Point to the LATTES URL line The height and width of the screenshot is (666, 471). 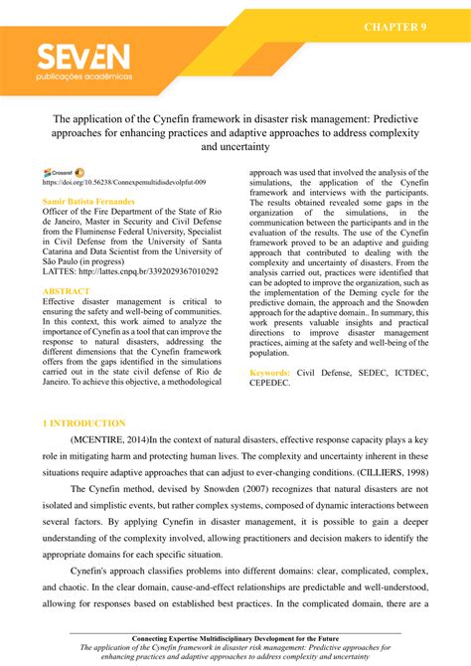129,271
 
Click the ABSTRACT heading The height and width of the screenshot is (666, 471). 66,291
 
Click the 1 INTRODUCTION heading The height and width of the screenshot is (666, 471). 83,423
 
